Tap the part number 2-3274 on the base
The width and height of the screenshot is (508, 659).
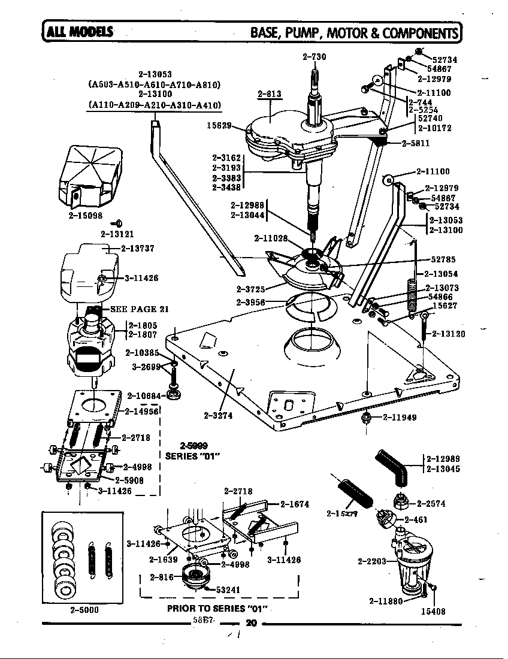point(217,415)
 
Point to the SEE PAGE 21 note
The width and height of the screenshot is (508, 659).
point(138,309)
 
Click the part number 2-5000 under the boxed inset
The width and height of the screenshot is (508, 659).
point(84,610)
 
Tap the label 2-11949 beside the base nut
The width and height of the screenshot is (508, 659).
point(400,417)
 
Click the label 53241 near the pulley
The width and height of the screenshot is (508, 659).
point(228,590)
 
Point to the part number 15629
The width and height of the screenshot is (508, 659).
point(219,126)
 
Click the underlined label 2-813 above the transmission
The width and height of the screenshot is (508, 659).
point(270,93)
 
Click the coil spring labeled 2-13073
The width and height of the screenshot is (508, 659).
point(412,294)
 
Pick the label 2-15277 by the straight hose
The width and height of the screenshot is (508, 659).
point(342,513)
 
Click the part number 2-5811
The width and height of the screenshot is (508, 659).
point(416,144)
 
